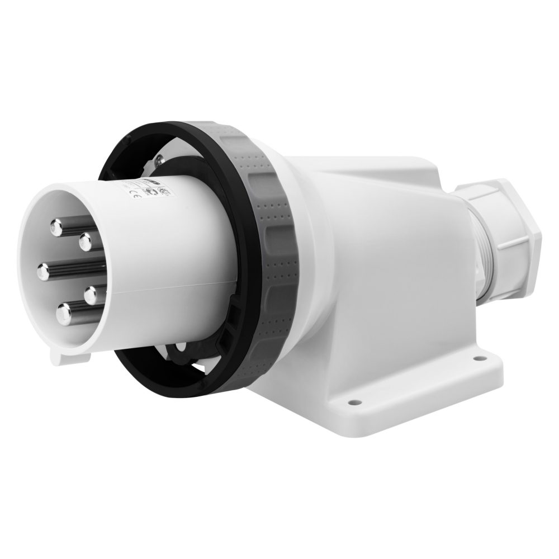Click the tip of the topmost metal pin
pyautogui.click(x=56, y=226)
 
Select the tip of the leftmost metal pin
pyautogui.click(x=44, y=272)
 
